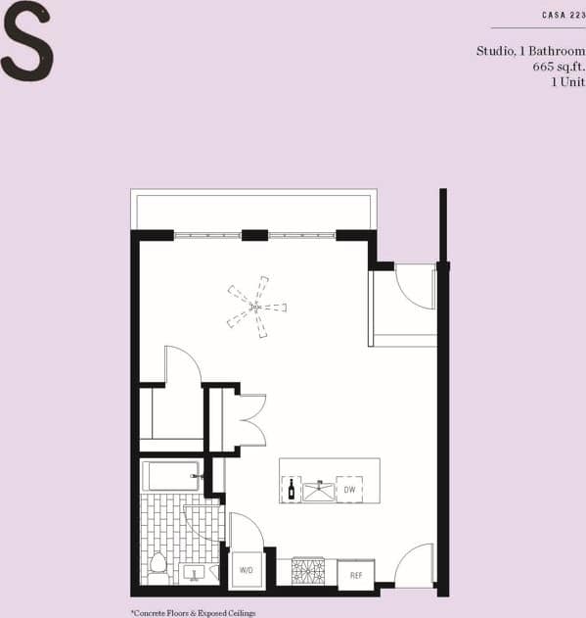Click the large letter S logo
point(26,41)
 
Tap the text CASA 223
point(563,15)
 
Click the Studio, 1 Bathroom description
point(530,50)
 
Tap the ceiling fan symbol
point(256,307)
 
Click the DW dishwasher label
point(349,488)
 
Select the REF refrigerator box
point(356,575)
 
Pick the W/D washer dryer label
point(247,569)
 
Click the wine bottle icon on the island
point(291,488)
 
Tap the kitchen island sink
point(318,488)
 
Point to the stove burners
point(307,571)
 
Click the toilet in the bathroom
point(158,565)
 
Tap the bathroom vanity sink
point(195,571)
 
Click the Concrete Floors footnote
point(192,612)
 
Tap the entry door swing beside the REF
point(415,565)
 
